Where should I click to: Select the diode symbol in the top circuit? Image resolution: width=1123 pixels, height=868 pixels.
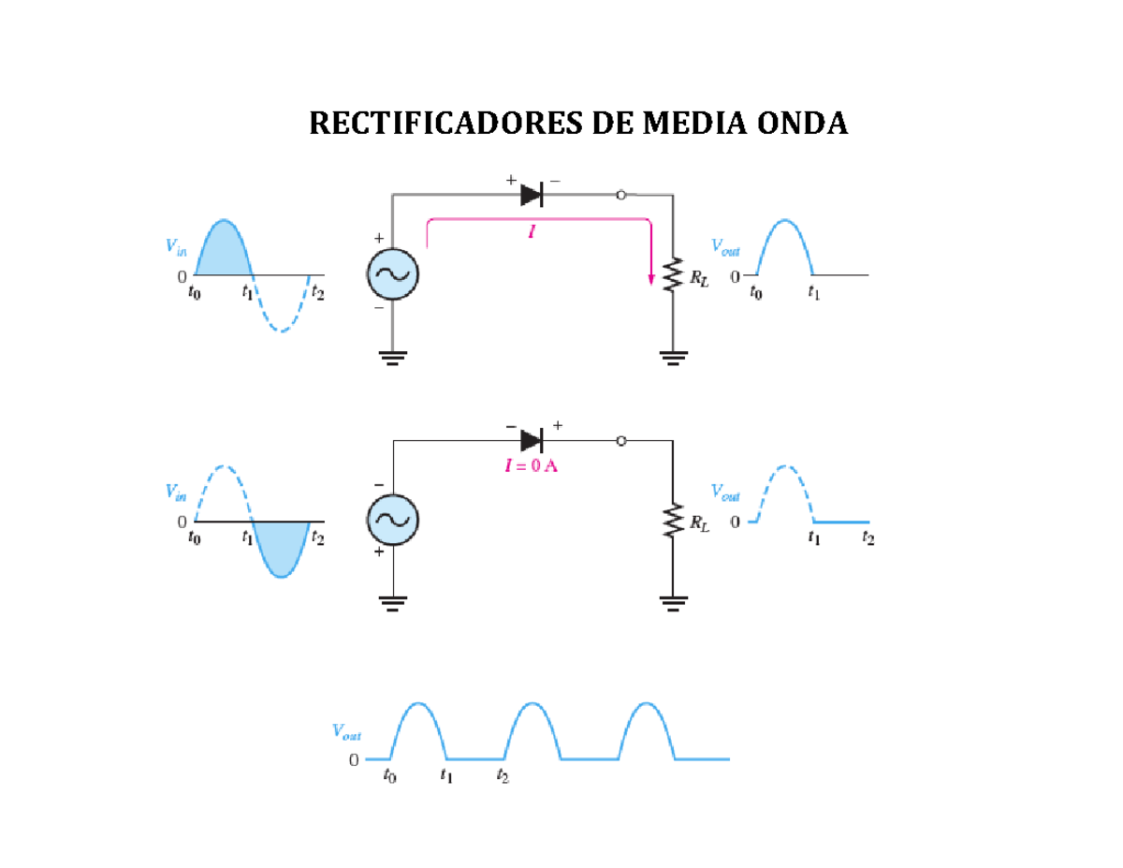(532, 195)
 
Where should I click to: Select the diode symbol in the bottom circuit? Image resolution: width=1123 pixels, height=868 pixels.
(532, 440)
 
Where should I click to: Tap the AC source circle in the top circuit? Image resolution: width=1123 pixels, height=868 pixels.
(392, 274)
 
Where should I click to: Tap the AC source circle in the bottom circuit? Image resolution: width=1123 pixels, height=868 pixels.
(392, 522)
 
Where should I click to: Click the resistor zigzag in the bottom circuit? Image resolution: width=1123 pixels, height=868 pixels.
(672, 522)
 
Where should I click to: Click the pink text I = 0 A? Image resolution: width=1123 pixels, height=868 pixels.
(532, 466)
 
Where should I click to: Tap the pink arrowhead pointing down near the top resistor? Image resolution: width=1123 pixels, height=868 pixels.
(650, 278)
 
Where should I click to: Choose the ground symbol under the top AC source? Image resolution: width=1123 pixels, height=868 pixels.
(392, 357)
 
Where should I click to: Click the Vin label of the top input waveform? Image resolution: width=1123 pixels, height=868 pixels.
(176, 246)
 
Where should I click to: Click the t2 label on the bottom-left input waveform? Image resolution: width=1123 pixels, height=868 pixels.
(318, 537)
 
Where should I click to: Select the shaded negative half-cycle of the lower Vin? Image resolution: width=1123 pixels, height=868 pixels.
(281, 548)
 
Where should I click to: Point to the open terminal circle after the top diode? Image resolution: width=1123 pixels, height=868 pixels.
(620, 195)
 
